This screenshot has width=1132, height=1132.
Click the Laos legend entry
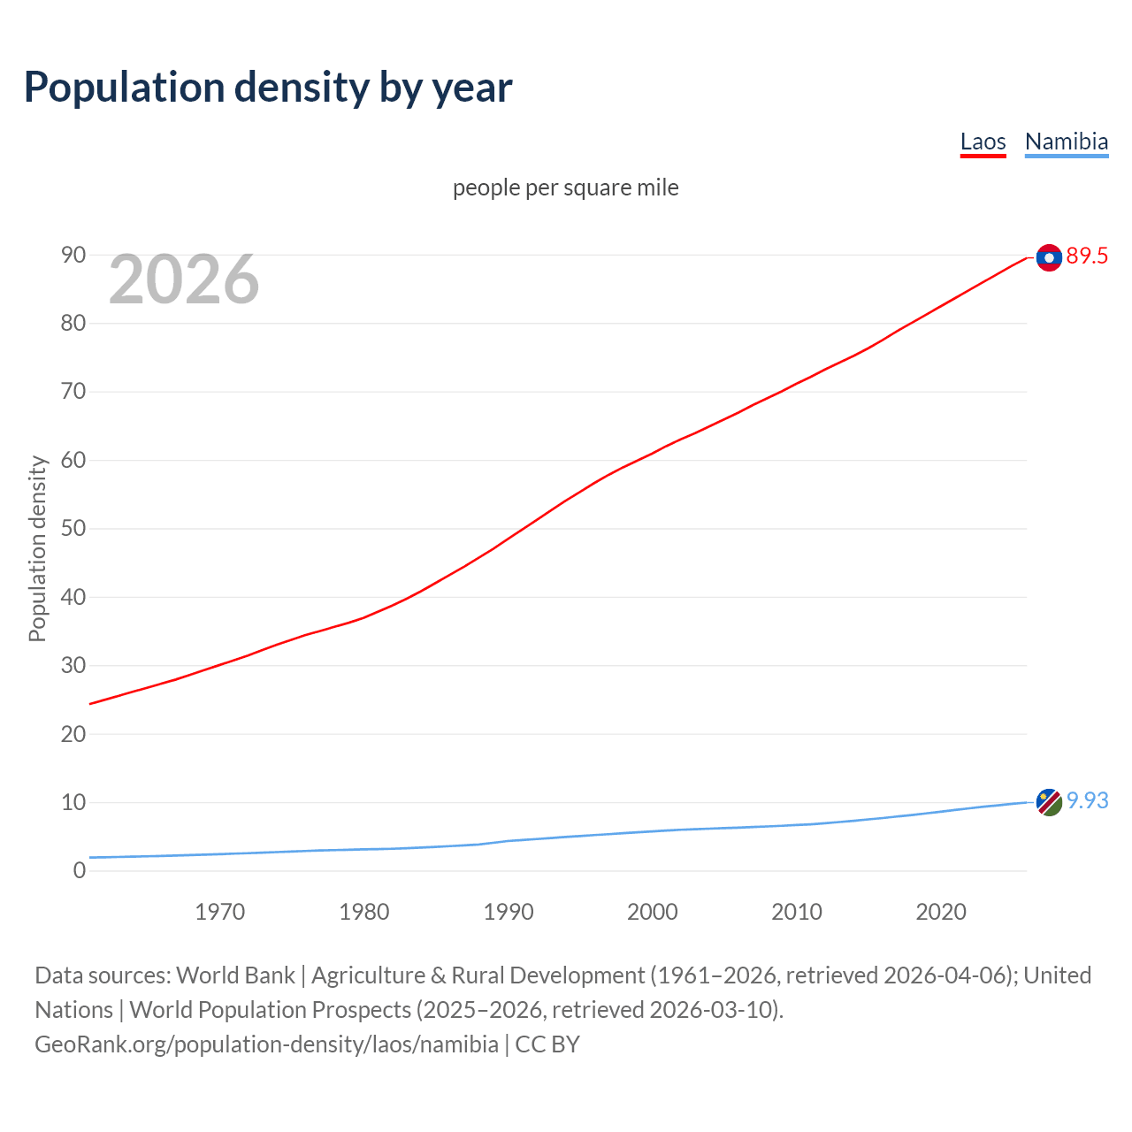click(983, 141)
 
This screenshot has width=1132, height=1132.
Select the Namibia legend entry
click(1066, 141)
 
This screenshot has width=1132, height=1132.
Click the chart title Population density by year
click(268, 87)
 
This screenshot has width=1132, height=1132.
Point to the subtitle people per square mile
click(565, 187)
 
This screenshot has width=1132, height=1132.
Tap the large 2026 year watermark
click(184, 279)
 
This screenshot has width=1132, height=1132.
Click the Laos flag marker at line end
click(1049, 257)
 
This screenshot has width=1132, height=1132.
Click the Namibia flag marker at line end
click(1049, 802)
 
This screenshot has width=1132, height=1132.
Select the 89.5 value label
click(1087, 256)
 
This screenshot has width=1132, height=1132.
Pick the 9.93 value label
click(1087, 800)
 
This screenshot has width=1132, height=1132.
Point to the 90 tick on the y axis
click(73, 255)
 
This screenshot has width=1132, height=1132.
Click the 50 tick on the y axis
click(73, 529)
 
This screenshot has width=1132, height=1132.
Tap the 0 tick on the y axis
click(80, 870)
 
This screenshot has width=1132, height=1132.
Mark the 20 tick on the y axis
click(73, 734)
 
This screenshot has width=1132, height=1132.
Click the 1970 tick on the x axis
click(220, 912)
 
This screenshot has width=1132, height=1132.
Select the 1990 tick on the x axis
click(509, 912)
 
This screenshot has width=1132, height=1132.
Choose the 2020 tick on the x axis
click(941, 912)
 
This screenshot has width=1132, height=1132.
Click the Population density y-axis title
click(37, 548)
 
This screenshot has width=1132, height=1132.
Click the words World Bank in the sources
click(235, 975)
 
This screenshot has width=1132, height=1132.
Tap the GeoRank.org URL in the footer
click(266, 1044)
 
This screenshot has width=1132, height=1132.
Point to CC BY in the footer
click(547, 1044)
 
